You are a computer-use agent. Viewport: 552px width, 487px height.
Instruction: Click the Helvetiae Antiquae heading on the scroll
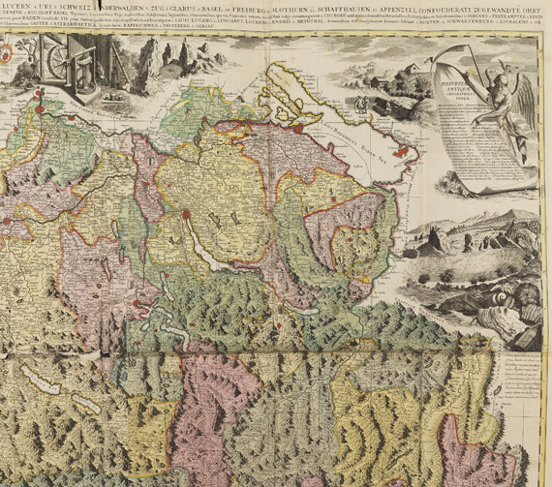(458, 88)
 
